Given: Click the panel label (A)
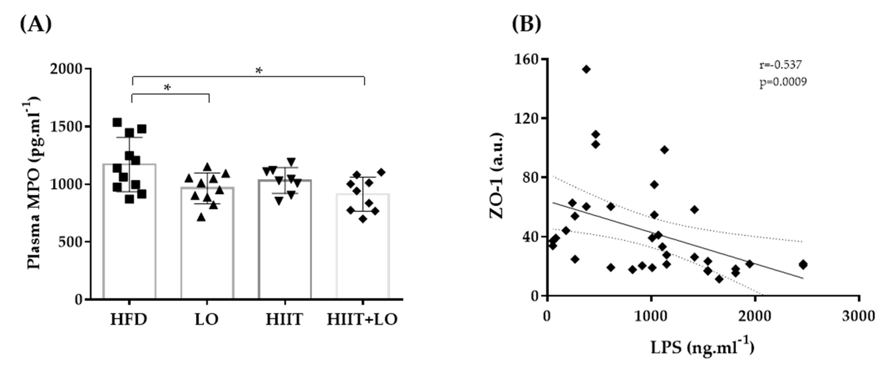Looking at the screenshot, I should click(x=36, y=24).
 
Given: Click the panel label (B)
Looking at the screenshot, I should click(x=526, y=24).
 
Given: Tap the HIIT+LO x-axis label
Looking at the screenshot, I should click(x=362, y=319).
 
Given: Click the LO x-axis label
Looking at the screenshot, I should click(x=207, y=319).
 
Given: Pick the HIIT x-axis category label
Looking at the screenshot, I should click(x=284, y=319).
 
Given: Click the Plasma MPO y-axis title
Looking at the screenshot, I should click(x=34, y=183).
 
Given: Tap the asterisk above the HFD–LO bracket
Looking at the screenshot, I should click(x=167, y=88).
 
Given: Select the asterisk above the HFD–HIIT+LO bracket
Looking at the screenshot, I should click(x=259, y=71).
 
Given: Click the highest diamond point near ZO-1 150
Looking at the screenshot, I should click(x=586, y=70).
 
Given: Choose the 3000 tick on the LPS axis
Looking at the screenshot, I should click(x=858, y=316).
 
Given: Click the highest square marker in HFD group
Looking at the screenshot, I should click(x=117, y=122).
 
